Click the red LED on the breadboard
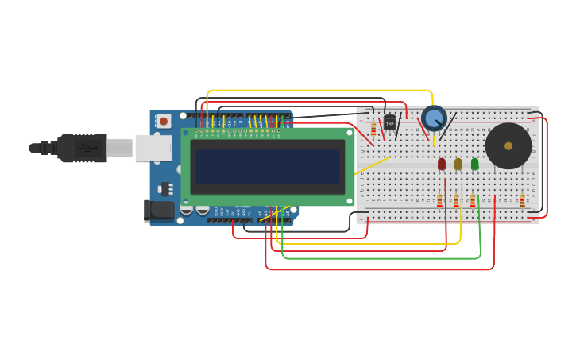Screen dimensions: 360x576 [442, 164]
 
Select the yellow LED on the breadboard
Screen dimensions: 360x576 [458, 164]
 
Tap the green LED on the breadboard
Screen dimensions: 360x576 [475, 164]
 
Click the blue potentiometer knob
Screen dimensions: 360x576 [434, 118]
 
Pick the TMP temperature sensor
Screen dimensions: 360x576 [389, 122]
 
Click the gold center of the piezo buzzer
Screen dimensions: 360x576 [508, 145]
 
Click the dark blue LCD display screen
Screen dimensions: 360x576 [268, 167]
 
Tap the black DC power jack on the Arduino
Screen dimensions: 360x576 [160, 211]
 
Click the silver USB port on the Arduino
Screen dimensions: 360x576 [153, 148]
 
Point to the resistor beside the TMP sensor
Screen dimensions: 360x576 [373, 129]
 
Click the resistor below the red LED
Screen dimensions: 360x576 [439, 201]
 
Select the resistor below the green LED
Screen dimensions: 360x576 [473, 201]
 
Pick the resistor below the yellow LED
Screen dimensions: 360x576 [456, 201]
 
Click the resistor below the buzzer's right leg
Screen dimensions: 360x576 [522, 201]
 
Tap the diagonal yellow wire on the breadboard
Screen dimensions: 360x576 [372, 165]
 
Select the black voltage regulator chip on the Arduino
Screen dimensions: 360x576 [165, 188]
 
